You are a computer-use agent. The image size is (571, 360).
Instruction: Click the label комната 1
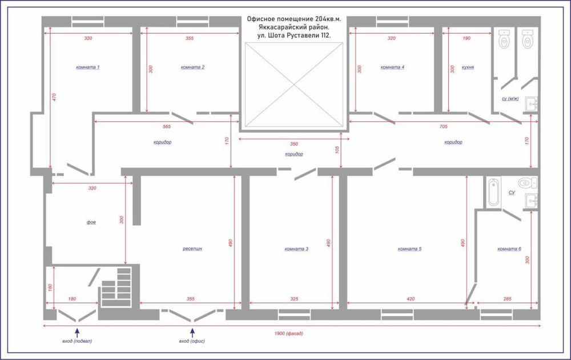(x=88, y=67)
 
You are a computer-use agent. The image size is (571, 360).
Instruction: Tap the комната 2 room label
(x=192, y=67)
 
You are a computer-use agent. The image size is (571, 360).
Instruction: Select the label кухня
(x=468, y=67)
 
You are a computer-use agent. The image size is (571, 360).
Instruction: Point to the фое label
(x=91, y=222)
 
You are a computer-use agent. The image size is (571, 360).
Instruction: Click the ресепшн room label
(x=192, y=249)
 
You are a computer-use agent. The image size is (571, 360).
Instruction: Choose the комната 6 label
(x=509, y=249)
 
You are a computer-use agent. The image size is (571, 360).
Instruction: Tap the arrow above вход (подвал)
(x=77, y=332)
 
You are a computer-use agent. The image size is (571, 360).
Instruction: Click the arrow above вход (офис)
(x=192, y=332)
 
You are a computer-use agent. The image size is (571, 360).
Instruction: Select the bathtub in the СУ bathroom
(x=493, y=192)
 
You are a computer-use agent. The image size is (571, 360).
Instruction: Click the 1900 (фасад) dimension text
(x=288, y=333)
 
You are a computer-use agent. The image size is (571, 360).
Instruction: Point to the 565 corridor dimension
(x=166, y=127)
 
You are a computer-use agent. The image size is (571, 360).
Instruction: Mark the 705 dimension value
(x=443, y=127)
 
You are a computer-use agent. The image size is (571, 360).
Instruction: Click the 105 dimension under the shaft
(x=337, y=149)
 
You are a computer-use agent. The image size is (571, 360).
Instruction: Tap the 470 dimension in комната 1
(x=54, y=97)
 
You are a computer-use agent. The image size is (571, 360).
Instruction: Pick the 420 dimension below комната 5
(x=411, y=299)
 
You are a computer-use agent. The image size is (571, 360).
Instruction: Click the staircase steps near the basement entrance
(x=116, y=287)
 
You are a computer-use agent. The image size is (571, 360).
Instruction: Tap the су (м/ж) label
(x=510, y=99)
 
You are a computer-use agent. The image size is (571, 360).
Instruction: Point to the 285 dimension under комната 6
(x=507, y=299)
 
